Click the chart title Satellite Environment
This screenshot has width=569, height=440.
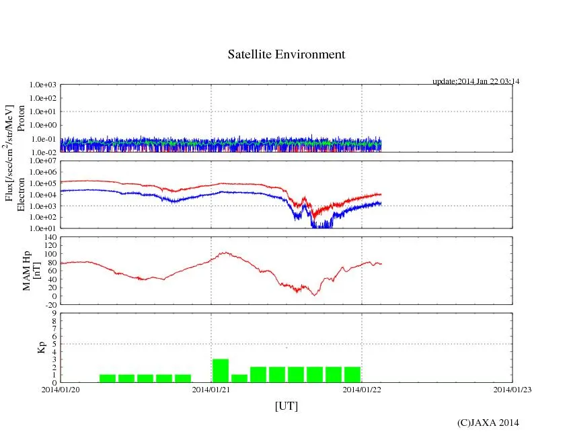pyautogui.click(x=286, y=54)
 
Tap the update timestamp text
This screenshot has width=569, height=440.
pyautogui.click(x=476, y=81)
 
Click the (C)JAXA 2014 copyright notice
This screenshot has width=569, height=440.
pyautogui.click(x=488, y=423)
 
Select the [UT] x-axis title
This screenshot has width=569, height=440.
pyautogui.click(x=286, y=406)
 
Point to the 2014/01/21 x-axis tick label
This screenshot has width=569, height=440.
pyautogui.click(x=211, y=390)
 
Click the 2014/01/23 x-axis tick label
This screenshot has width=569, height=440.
pyautogui.click(x=512, y=390)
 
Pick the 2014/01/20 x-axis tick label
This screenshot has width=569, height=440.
pyautogui.click(x=61, y=390)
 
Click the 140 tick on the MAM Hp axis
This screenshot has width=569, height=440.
pyautogui.click(x=50, y=237)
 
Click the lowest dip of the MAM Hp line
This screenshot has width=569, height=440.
pyautogui.click(x=313, y=295)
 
